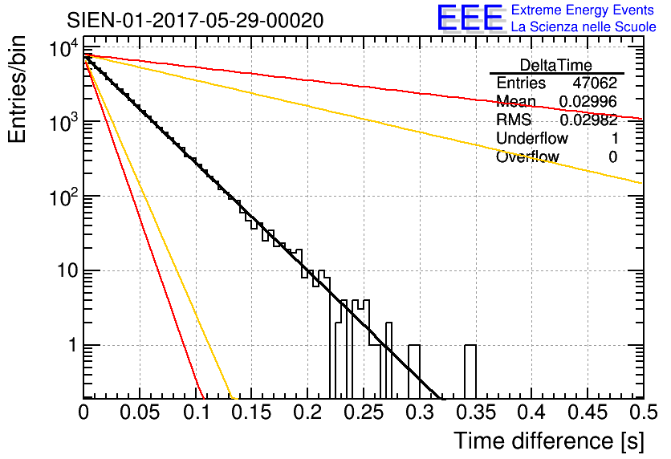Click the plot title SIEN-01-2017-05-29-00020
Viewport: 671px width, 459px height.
tap(195, 19)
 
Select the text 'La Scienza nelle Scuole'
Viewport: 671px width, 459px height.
tap(584, 26)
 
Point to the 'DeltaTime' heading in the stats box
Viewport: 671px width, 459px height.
tap(556, 65)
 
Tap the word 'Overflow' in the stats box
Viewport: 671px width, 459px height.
tap(527, 157)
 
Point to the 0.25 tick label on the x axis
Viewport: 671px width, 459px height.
tap(364, 413)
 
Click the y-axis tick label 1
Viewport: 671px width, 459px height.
tap(71, 346)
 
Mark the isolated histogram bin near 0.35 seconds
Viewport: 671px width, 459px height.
tap(470, 371)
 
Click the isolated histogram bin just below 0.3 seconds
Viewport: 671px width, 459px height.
tap(414, 371)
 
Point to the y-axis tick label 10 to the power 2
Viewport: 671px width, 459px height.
tap(62, 197)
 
